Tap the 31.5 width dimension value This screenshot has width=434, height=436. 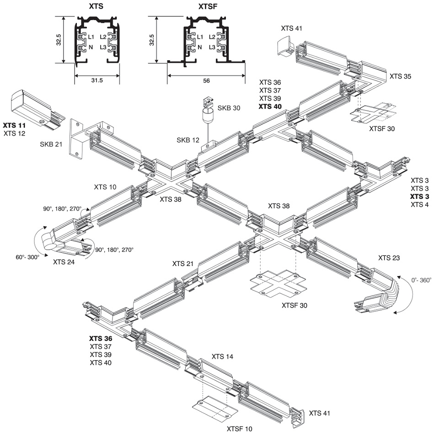(x=97, y=80)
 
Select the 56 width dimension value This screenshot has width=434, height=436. (x=206, y=80)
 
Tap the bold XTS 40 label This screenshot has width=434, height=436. (x=270, y=107)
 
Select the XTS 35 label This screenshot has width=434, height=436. (x=400, y=76)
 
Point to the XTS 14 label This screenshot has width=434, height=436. (x=223, y=356)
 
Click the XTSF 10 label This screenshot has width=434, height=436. (x=239, y=429)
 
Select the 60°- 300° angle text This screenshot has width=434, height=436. (x=28, y=257)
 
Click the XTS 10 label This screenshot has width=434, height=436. (x=106, y=187)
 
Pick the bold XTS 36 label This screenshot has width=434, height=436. (x=101, y=339)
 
